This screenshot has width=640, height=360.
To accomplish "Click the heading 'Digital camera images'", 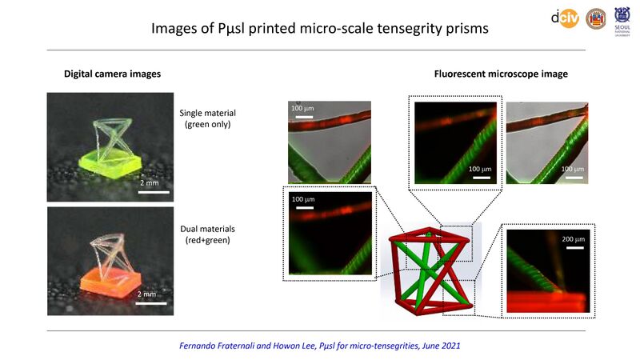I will [113, 74].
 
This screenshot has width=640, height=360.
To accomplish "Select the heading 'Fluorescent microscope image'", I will [501, 74].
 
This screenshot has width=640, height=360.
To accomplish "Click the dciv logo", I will [565, 18].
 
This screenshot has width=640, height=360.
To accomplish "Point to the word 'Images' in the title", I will [174, 30].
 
